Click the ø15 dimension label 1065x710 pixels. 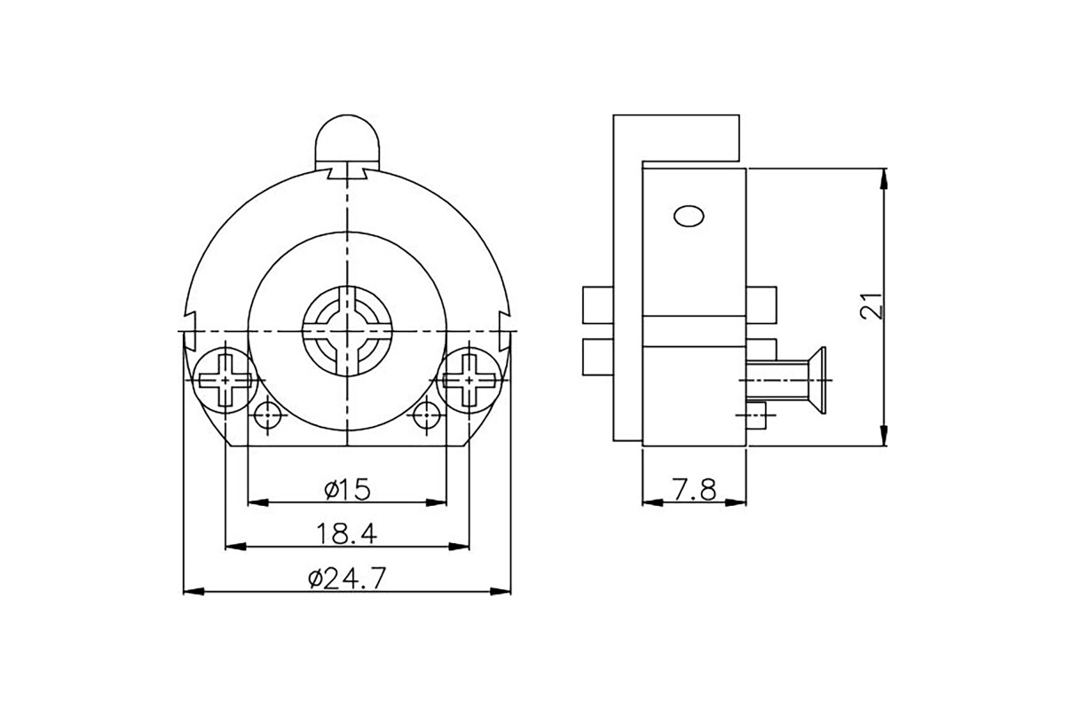click(347, 489)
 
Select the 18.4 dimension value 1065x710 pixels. click(347, 533)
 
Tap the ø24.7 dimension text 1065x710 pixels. click(347, 579)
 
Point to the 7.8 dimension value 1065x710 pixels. click(695, 490)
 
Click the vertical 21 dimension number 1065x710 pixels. click(872, 306)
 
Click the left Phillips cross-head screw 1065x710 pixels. click(225, 380)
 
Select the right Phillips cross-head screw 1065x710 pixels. click(469, 380)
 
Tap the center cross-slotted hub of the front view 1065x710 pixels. click(347, 331)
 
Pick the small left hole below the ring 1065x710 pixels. click(268, 415)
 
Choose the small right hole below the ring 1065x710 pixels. click(427, 415)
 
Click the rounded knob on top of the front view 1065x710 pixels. click(348, 142)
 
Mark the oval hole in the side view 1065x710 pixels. click(689, 217)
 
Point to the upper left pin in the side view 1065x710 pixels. click(597, 305)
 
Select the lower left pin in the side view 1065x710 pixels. click(597, 357)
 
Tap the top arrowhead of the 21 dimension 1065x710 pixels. click(884, 178)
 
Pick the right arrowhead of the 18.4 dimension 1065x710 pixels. click(459, 547)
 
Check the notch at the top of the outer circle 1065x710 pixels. click(347, 173)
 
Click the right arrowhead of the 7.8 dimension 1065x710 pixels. click(736, 502)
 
